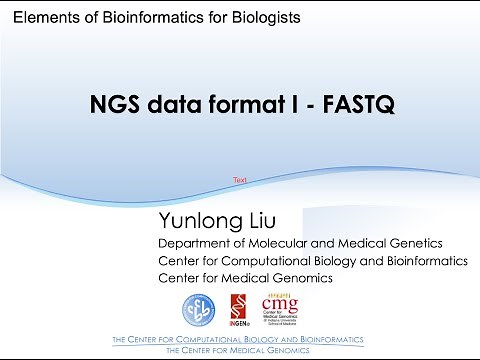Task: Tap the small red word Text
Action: pyautogui.click(x=240, y=180)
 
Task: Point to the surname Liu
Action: pyautogui.click(x=257, y=221)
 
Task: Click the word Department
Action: pyautogui.click(x=196, y=243)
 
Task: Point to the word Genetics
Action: pyautogui.click(x=417, y=243)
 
